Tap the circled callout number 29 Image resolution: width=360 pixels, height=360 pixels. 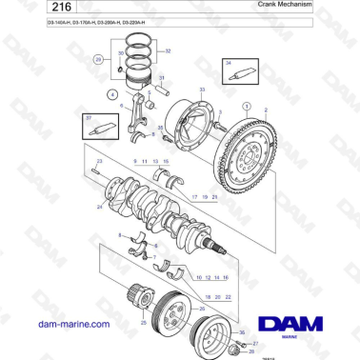97,59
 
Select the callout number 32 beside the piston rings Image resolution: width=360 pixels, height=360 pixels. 169,50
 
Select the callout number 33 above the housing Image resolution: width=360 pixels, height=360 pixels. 202,90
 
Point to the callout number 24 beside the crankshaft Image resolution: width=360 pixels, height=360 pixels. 99,207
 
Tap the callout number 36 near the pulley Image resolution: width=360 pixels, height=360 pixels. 241,333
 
